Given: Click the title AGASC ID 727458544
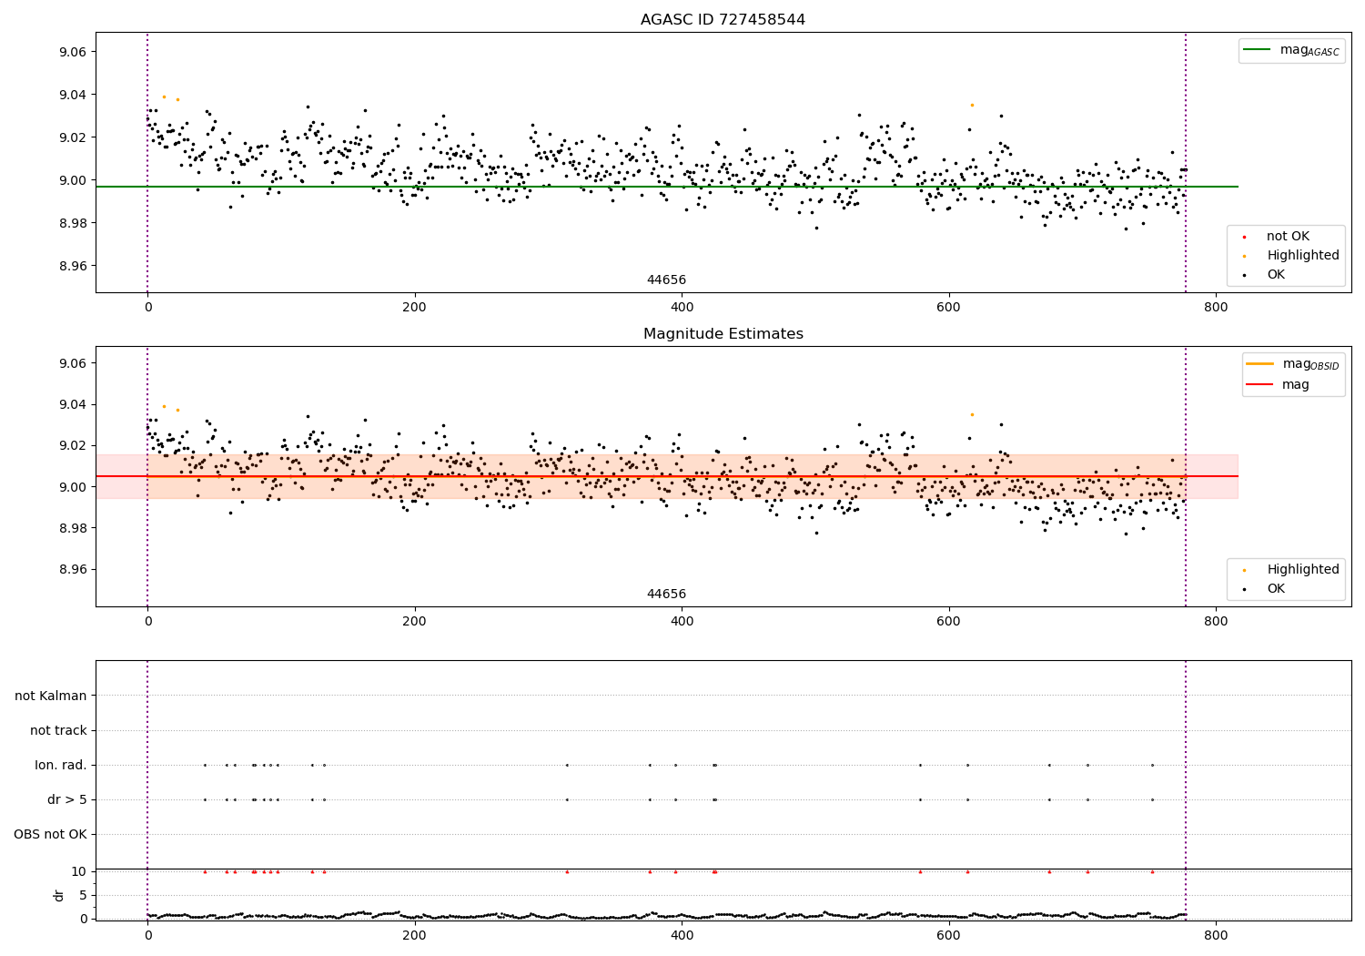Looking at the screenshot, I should (x=723, y=20).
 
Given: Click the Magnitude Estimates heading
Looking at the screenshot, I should (x=723, y=334).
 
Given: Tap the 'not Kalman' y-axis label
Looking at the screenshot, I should (x=51, y=696).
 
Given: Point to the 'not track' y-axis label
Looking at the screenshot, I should (x=58, y=730).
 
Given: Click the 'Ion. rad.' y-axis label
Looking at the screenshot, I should (x=61, y=765).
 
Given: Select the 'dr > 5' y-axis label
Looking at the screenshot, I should (x=66, y=799).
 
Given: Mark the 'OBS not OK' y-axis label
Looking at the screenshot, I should (x=50, y=834).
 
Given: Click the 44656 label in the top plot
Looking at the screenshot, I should (x=666, y=280).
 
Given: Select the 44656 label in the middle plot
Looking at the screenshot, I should (x=666, y=595).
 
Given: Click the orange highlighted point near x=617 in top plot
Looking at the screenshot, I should (x=972, y=105).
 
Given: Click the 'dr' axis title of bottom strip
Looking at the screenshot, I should (x=59, y=895).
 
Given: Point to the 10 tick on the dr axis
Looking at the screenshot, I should (x=79, y=871).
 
